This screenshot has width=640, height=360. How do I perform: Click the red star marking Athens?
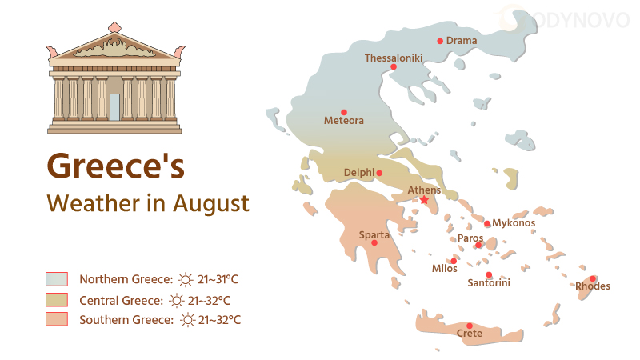click(424, 200)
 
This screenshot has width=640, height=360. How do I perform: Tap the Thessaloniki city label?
click(394, 58)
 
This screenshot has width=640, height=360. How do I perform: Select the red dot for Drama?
click(440, 41)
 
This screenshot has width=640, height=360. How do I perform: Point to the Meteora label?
click(344, 121)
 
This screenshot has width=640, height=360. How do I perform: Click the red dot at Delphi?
click(379, 173)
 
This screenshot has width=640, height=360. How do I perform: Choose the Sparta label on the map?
click(374, 234)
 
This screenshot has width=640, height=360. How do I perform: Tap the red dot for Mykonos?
click(487, 223)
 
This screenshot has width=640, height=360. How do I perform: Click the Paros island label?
click(470, 238)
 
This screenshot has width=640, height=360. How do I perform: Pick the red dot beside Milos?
click(454, 261)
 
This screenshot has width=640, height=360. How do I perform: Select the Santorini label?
click(489, 282)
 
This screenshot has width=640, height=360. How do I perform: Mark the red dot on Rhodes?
click(593, 278)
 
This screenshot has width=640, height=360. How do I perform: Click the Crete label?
click(470, 333)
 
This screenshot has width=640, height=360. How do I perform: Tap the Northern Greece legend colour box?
click(57, 279)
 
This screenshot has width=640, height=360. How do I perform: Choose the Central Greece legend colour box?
click(57, 300)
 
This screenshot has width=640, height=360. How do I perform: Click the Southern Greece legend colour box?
click(57, 320)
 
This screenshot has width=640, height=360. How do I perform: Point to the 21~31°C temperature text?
click(218, 279)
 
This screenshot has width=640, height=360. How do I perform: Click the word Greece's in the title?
click(116, 166)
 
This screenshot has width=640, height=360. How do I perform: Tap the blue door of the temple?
click(115, 107)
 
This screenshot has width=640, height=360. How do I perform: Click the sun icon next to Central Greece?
click(177, 300)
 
